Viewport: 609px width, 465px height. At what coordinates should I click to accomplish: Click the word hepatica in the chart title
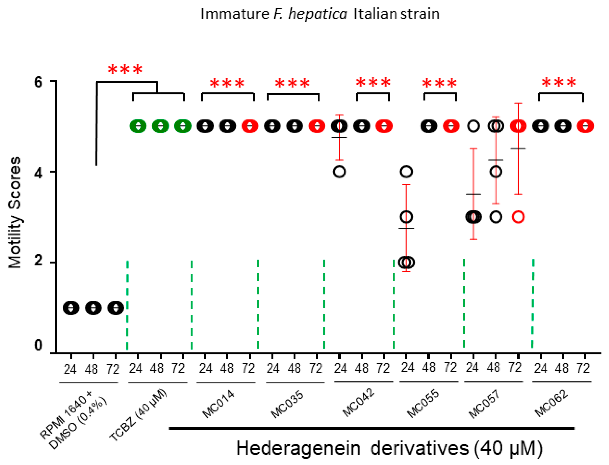point(317,14)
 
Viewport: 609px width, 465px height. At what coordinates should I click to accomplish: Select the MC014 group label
point(218,404)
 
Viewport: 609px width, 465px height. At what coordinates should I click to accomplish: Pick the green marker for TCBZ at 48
point(161,126)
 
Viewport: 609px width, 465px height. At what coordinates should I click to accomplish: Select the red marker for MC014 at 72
point(250,126)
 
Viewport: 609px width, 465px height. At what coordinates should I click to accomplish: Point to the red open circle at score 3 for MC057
point(518,217)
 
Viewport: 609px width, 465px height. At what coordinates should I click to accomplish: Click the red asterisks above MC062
point(559,83)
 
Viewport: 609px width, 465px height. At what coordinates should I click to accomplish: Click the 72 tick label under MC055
point(450,368)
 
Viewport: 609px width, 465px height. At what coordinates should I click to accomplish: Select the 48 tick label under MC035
point(294,368)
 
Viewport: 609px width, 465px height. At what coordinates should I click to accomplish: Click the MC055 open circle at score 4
point(406,172)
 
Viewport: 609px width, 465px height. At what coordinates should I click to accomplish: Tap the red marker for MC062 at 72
point(585,126)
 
